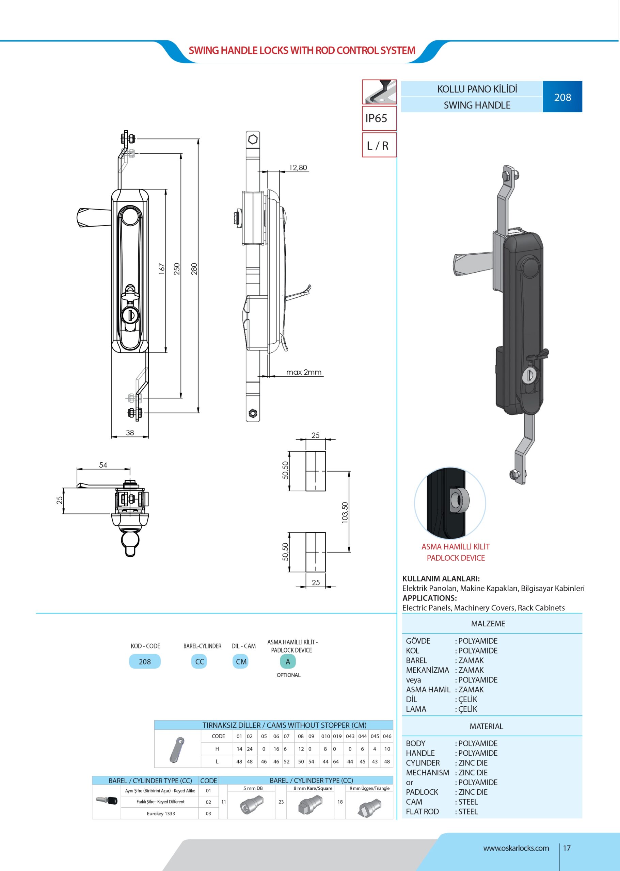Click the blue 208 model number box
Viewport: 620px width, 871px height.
tap(562, 97)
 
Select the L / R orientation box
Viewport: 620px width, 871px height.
tap(378, 145)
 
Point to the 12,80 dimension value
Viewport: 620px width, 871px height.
tap(298, 167)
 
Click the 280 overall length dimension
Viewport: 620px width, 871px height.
tap(194, 269)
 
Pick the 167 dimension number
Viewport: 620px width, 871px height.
tap(161, 269)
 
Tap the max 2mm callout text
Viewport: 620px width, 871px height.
tap(304, 372)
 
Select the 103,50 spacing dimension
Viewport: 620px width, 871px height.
tap(345, 512)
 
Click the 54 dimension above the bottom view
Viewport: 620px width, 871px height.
tap(103, 465)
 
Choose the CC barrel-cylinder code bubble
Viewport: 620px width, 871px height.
tap(199, 661)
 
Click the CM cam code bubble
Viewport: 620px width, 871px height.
tap(241, 661)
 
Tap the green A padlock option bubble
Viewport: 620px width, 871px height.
tap(288, 661)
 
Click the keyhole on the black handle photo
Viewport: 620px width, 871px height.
tap(529, 375)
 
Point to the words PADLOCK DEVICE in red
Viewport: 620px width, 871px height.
tap(456, 558)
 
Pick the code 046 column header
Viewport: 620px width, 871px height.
tap(387, 736)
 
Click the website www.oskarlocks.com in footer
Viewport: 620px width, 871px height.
tap(516, 848)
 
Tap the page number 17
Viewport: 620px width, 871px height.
tap(567, 848)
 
